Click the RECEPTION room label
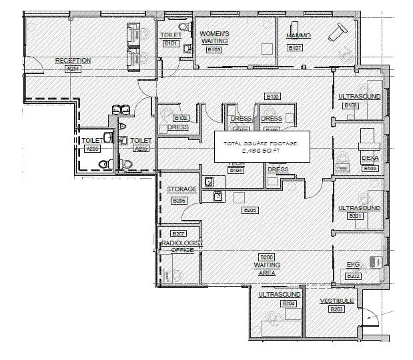73,61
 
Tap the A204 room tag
72,69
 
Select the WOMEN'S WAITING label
214,37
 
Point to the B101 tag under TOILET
171,44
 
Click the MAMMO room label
295,35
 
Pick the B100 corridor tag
272,97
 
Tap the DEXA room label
370,159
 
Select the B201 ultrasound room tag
354,217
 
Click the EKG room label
353,265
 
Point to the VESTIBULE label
336,301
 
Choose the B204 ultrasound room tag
288,304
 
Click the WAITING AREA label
267,265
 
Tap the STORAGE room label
181,190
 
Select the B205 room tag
250,211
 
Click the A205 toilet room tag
92,149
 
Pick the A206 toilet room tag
140,149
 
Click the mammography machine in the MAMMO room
342,30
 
